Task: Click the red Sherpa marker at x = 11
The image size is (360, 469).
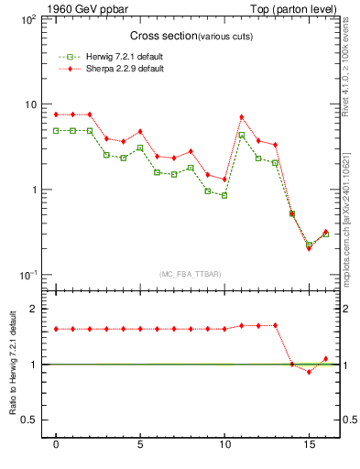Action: pos(241,117)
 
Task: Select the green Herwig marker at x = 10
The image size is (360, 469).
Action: pos(224,195)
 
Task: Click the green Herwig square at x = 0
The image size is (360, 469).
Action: pos(56,131)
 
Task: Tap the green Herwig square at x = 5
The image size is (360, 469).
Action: pos(140,147)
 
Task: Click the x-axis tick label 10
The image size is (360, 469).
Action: pos(224,444)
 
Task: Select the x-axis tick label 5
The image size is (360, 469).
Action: pos(140,444)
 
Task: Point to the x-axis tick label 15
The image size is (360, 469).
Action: pos(309,444)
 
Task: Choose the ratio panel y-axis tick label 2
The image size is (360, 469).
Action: pos(34,309)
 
